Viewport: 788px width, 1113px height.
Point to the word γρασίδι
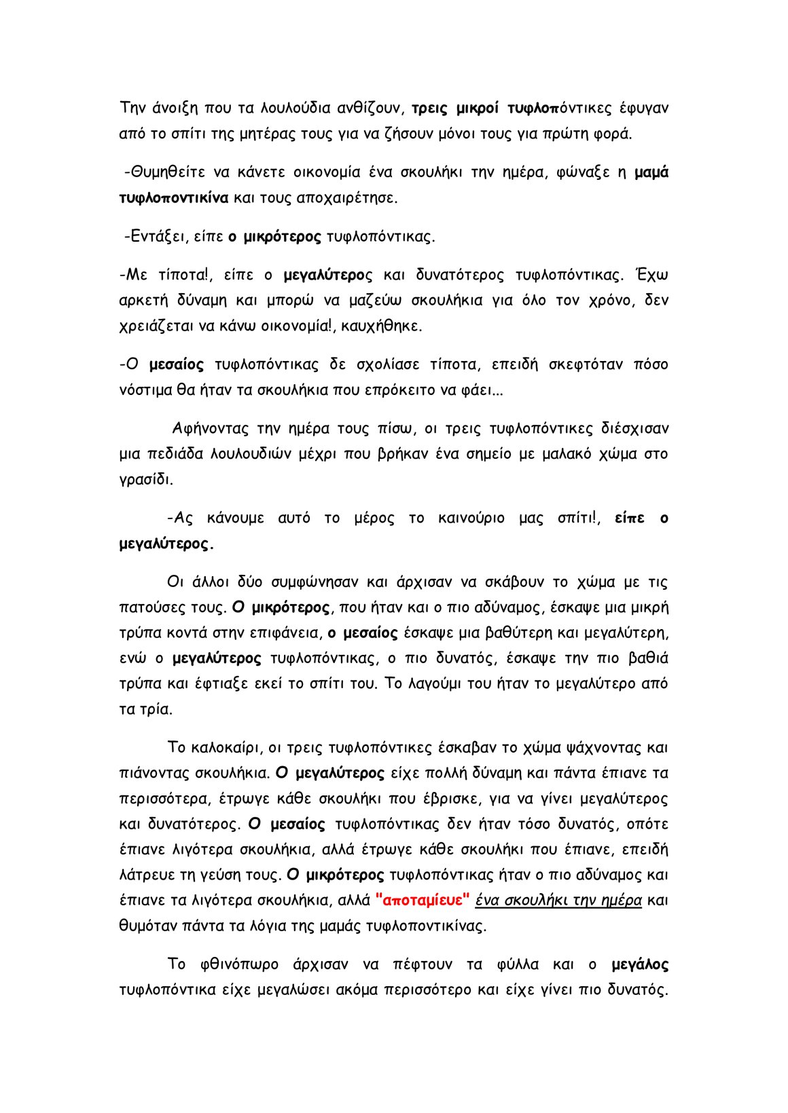pyautogui.click(x=145, y=480)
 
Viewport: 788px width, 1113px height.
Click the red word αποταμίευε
pyautogui.click(x=423, y=901)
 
